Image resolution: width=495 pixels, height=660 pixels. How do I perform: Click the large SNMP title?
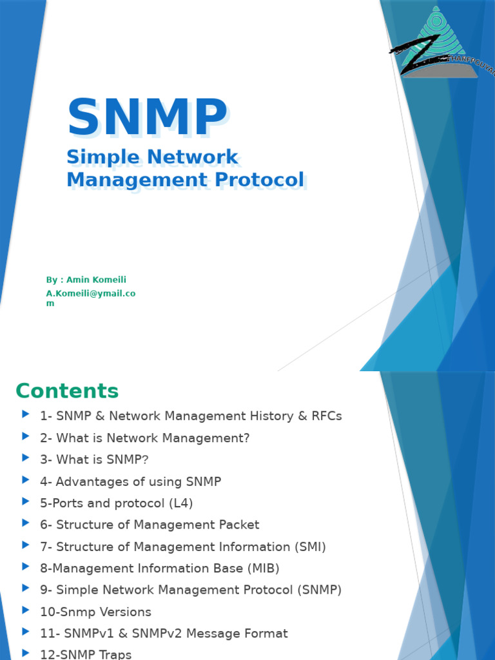point(147,118)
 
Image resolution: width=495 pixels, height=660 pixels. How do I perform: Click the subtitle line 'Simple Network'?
point(153,157)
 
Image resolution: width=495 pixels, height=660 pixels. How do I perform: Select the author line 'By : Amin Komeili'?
point(86,280)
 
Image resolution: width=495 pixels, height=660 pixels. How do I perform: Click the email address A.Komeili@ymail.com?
point(90,294)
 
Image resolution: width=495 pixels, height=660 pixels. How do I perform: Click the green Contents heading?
point(67,391)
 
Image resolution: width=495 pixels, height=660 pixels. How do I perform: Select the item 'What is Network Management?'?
point(153,438)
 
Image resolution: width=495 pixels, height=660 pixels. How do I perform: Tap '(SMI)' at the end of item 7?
point(310,547)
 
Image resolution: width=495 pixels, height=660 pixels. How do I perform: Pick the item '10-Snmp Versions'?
point(95,612)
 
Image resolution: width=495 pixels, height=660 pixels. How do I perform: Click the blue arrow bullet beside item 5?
point(26,501)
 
